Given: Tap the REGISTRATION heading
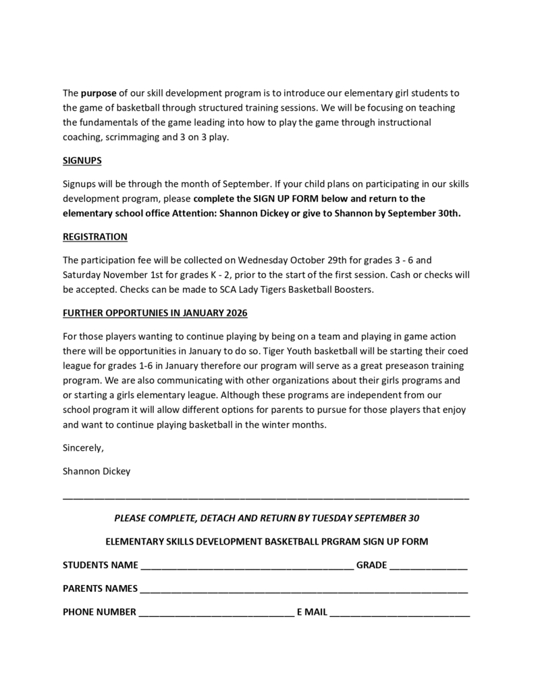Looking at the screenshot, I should (95, 237).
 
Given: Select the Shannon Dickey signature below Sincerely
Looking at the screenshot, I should (97, 472).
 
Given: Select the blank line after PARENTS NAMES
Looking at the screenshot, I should (304, 590).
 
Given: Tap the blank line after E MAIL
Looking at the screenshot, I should (400, 613).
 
